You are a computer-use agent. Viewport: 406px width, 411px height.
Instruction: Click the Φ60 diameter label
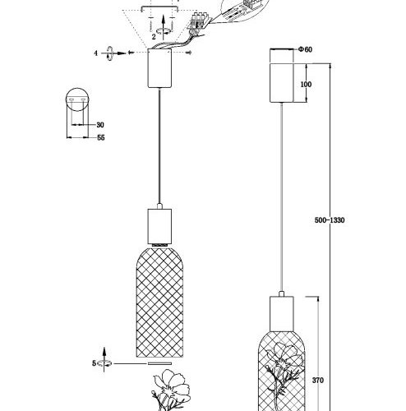tap(305, 49)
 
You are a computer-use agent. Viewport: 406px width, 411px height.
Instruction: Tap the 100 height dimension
tap(306, 85)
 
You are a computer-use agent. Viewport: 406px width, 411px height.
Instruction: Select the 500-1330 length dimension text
tap(330, 220)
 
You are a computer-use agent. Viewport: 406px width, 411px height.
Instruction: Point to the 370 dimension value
tap(318, 381)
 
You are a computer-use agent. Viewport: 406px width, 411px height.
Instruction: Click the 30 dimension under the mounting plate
tap(100, 125)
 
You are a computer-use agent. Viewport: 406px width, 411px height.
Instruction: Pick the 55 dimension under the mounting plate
tap(101, 137)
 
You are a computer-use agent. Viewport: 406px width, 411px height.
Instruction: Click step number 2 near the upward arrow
tap(154, 36)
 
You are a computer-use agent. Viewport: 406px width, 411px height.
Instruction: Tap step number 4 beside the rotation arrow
tap(95, 53)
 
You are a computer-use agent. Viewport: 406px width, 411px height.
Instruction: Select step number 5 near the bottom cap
tap(95, 363)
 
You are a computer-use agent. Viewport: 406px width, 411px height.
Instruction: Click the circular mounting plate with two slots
tap(77, 99)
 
